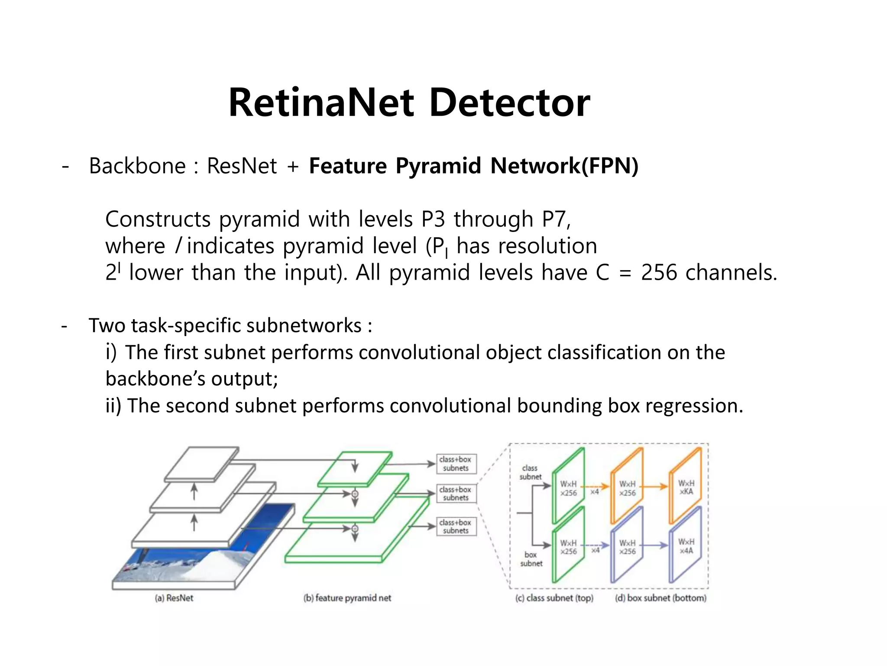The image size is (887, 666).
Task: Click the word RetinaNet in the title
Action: coord(321,103)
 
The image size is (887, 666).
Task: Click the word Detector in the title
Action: coord(509,103)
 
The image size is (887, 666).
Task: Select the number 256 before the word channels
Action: coord(659,273)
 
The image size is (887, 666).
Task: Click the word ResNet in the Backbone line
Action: coord(242,166)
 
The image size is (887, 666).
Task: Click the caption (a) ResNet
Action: coord(174,598)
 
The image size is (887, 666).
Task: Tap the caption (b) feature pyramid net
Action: coord(347,598)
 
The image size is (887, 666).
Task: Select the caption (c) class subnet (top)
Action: coord(554,598)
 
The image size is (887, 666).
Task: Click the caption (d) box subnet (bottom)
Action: coord(660,598)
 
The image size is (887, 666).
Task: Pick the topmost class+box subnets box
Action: coord(456,464)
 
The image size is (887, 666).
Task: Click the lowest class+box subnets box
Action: coord(456,526)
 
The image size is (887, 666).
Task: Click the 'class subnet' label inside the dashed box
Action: coord(530,472)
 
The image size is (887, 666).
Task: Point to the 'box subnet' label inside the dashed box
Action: coord(531,559)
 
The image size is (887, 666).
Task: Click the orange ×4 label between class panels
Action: coord(595,492)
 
